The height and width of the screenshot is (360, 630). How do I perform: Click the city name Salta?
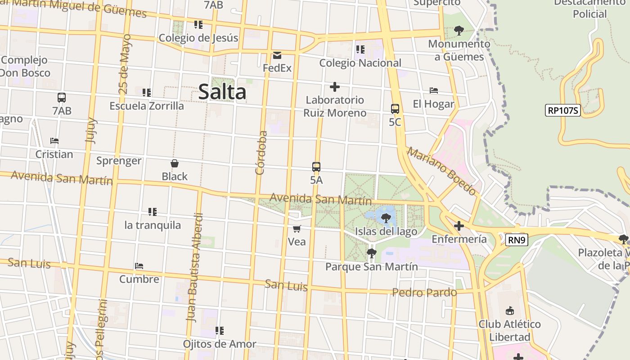(x=222, y=92)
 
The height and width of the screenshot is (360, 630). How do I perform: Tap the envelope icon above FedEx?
(x=277, y=55)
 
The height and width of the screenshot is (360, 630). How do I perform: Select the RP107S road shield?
(x=562, y=110)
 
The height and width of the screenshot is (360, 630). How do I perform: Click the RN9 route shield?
(x=517, y=240)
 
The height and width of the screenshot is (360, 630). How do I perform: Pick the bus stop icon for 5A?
(x=316, y=167)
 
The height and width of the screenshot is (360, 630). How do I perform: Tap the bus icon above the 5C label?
(x=395, y=108)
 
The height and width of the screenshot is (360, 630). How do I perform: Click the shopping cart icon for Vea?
(x=297, y=229)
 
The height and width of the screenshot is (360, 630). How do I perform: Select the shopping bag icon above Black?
(x=175, y=163)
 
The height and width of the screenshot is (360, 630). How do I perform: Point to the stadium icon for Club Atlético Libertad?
(x=509, y=310)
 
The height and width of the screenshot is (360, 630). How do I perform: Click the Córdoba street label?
(x=261, y=153)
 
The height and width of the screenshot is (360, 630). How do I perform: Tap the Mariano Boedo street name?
(x=441, y=171)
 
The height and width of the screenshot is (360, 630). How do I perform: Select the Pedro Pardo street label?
(x=424, y=292)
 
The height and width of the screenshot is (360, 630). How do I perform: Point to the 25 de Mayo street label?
(x=125, y=64)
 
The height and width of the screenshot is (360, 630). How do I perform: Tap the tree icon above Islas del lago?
(x=386, y=218)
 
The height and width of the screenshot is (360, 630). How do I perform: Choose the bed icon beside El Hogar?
(x=434, y=90)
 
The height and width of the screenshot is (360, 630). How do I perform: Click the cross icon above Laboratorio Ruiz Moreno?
(x=334, y=86)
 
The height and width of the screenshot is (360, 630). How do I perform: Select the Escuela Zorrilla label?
(x=147, y=106)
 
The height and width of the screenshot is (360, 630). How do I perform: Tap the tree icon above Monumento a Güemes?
(x=459, y=31)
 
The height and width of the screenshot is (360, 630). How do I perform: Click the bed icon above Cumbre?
(x=139, y=266)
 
